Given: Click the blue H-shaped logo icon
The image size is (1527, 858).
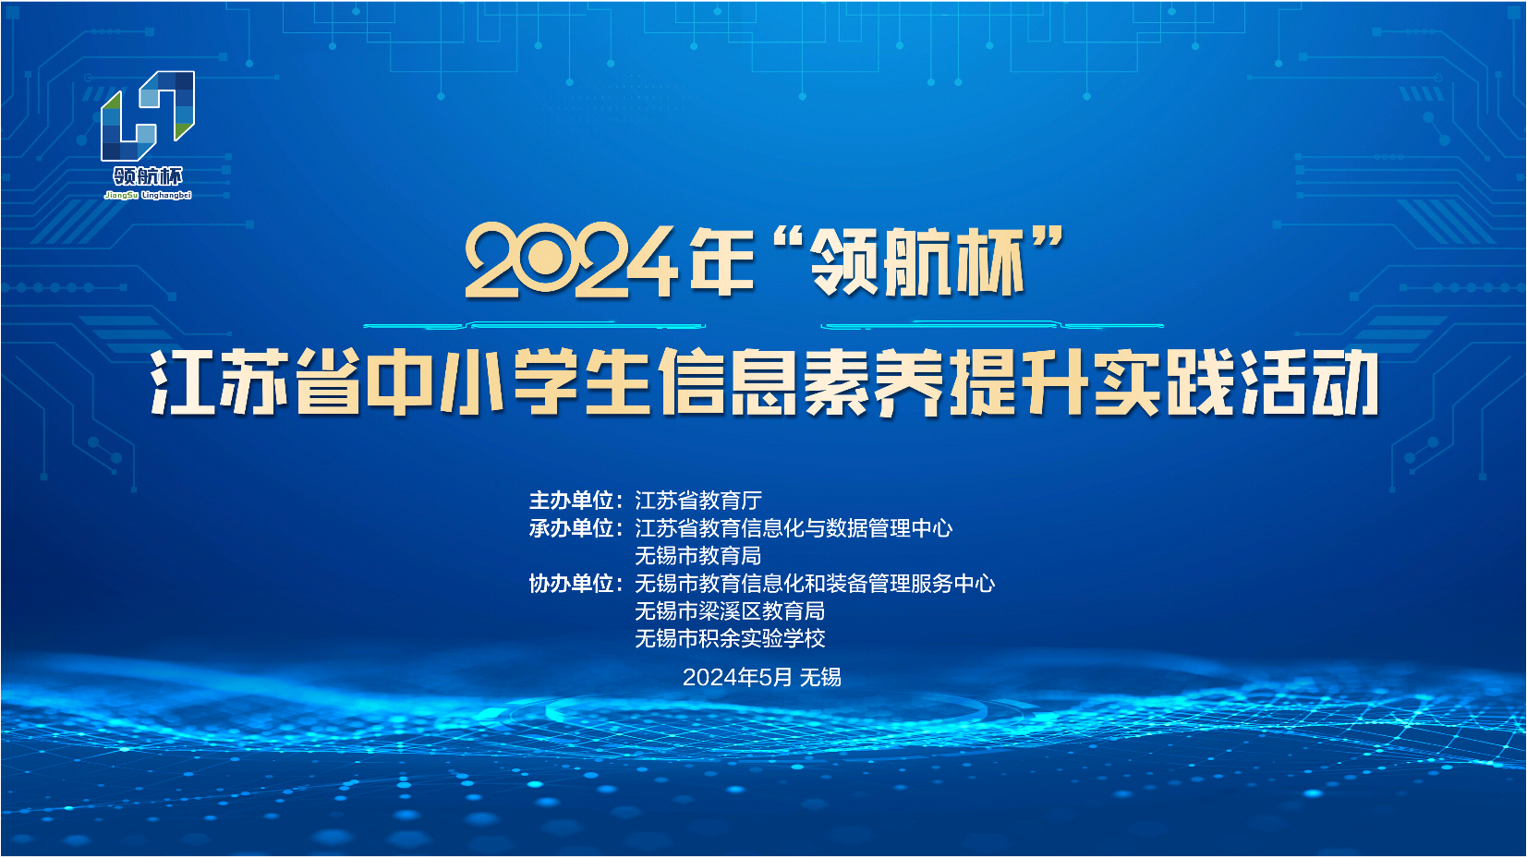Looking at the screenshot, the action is tap(148, 115).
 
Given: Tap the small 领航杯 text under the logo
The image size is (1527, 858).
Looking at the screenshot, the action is tap(148, 176).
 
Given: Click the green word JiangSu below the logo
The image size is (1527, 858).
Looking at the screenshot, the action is tap(121, 196).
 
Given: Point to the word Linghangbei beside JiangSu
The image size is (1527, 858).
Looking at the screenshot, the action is tap(167, 196).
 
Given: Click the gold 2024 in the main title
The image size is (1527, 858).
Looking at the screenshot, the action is tap(572, 263).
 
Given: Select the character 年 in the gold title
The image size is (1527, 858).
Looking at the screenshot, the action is tap(722, 262).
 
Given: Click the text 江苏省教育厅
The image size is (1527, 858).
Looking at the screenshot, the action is tap(698, 501).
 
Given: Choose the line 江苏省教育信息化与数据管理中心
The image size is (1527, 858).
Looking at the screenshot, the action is tap(794, 528).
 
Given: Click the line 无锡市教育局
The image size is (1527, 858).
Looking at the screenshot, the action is tap(698, 556).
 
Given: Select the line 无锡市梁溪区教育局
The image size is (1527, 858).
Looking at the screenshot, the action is tap(730, 611).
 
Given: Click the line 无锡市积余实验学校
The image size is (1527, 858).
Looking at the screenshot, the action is tap(730, 638).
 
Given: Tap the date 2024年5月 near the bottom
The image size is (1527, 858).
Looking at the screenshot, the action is tap(737, 677).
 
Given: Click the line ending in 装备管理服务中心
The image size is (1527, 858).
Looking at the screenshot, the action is tap(815, 584).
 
